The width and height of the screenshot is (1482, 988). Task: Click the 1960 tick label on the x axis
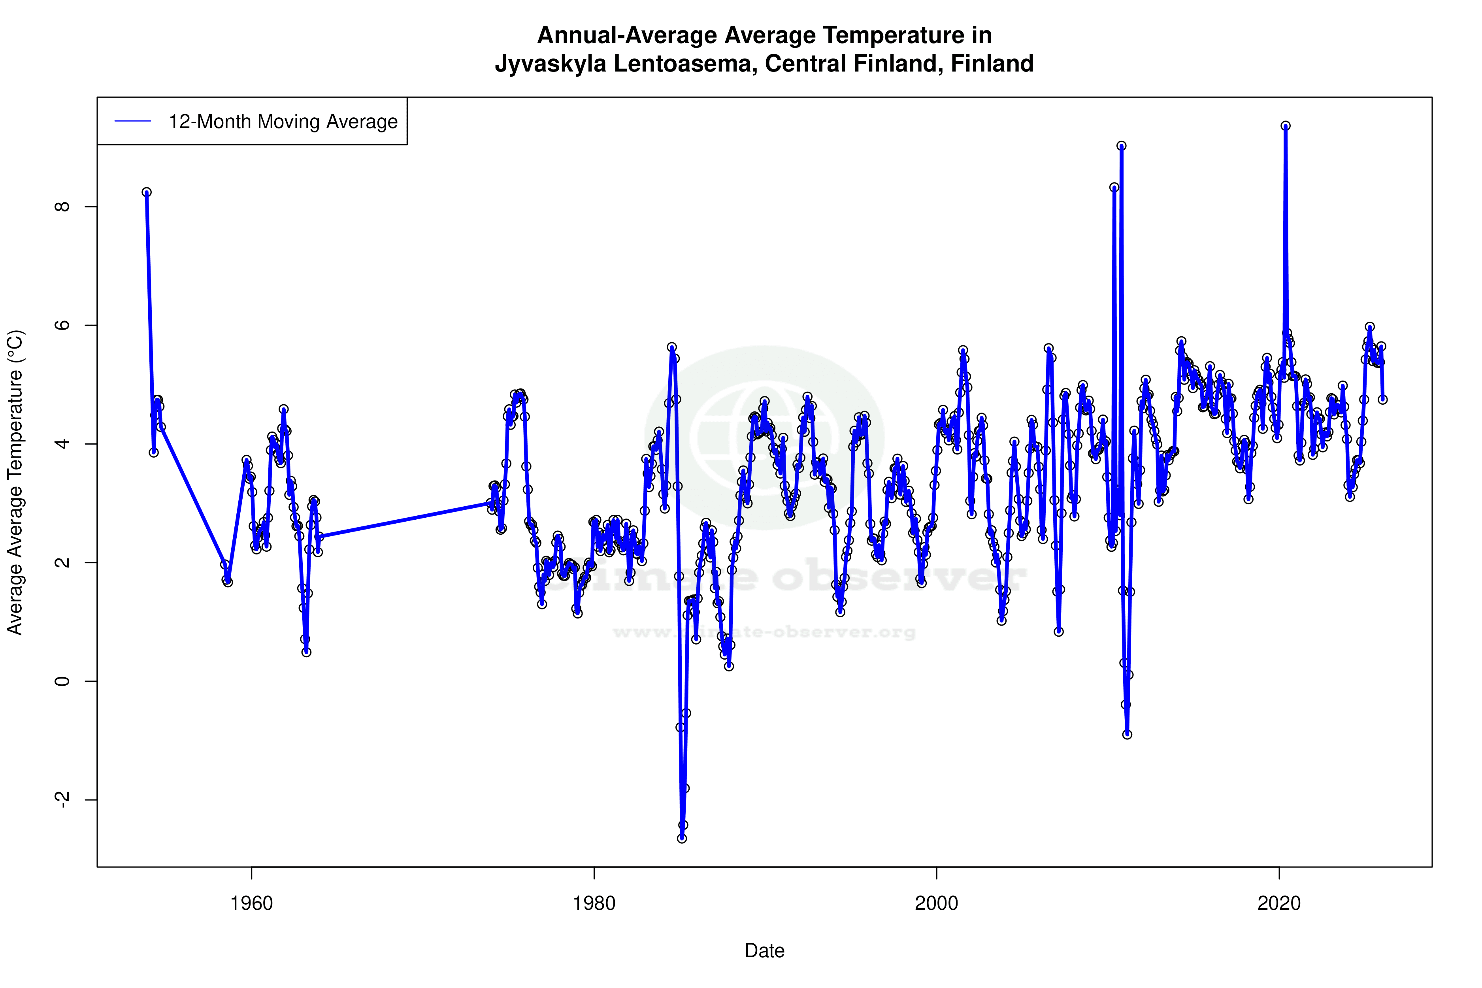click(x=251, y=903)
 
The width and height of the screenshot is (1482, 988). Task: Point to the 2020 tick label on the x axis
click(x=1279, y=903)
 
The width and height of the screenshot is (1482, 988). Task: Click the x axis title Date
click(x=764, y=951)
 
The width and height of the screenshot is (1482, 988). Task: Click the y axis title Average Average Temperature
click(x=15, y=482)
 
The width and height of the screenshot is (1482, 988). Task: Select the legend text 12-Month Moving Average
click(x=283, y=122)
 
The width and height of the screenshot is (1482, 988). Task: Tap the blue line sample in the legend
click(x=133, y=122)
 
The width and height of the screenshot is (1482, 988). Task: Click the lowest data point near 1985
click(x=682, y=839)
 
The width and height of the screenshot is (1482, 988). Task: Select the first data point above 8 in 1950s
click(x=146, y=192)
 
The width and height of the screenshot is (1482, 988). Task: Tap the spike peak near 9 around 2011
click(x=1122, y=145)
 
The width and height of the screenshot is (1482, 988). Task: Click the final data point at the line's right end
click(x=1382, y=400)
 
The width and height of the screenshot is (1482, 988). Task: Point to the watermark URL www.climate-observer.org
click(x=764, y=632)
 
